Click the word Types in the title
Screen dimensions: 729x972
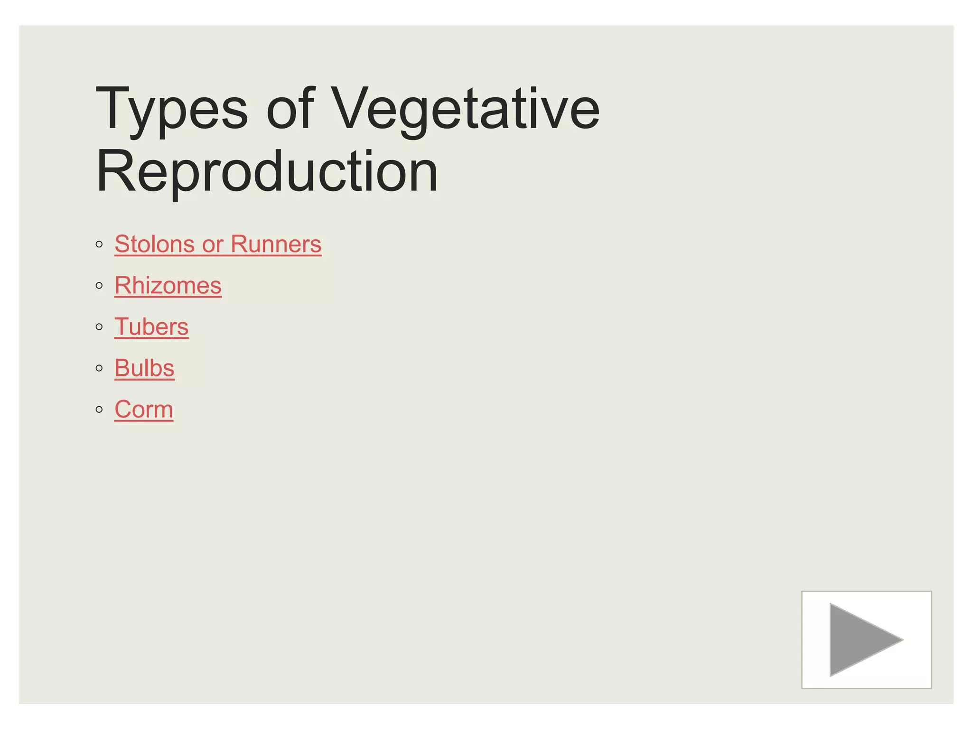point(172,110)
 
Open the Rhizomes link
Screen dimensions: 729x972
point(168,286)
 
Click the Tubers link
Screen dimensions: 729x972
point(151,327)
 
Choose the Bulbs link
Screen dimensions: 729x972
point(144,368)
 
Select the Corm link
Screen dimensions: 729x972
point(144,410)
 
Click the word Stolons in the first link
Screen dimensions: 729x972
point(154,244)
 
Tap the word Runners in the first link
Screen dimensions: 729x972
point(276,244)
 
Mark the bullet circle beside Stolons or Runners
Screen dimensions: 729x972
point(99,245)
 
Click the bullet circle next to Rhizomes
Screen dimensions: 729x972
point(99,286)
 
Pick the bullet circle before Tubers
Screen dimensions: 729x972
point(99,327)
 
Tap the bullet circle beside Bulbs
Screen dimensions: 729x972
point(99,368)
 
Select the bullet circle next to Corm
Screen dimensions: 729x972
point(99,410)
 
